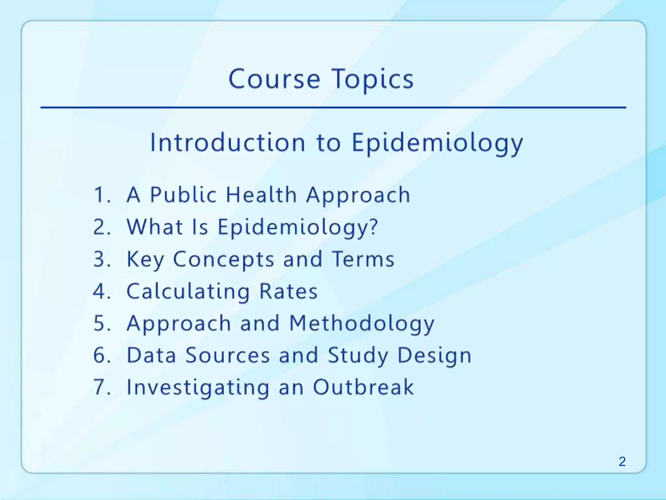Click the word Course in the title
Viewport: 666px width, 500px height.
(x=274, y=79)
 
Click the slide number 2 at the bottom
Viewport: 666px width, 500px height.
(x=622, y=462)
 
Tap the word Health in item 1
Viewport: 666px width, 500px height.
(x=261, y=195)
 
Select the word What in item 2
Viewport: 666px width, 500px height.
(x=154, y=227)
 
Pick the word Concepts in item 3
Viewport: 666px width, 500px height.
(x=223, y=259)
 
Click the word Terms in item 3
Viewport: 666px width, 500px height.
(x=363, y=259)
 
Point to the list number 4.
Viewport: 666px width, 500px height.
(x=101, y=291)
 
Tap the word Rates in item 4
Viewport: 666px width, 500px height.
(x=288, y=291)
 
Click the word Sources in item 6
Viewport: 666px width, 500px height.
(x=228, y=355)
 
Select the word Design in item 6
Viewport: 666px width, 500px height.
(x=434, y=355)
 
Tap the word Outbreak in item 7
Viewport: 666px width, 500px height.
(x=363, y=387)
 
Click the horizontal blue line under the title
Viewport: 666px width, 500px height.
(x=333, y=107)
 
